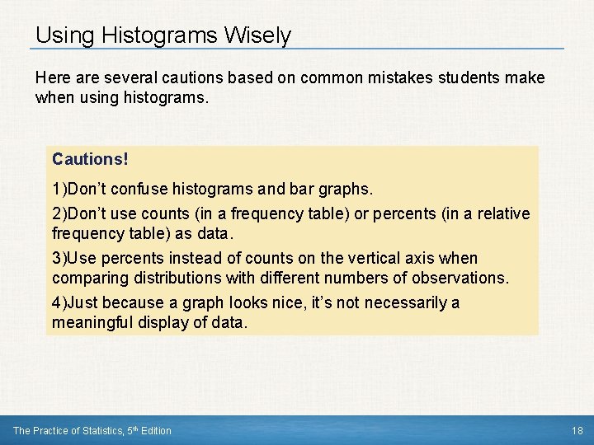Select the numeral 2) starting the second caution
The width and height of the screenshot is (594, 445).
(59, 214)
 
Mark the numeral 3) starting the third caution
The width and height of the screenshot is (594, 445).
(59, 259)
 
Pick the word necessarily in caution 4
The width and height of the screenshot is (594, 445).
(398, 303)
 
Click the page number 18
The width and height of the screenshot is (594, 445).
(577, 430)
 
